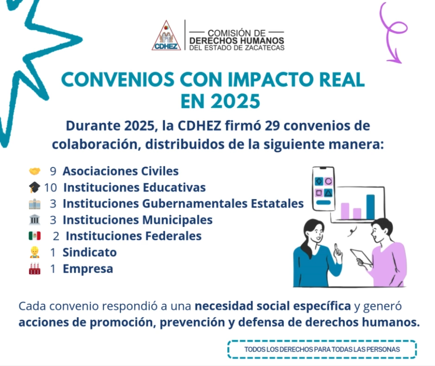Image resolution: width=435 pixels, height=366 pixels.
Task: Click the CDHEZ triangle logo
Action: [x=166, y=35]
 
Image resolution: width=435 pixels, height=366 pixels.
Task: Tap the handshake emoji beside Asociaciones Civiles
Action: [x=34, y=171]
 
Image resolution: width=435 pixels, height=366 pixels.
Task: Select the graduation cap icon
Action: [x=34, y=188]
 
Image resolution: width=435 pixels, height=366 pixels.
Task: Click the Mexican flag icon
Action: [x=34, y=236]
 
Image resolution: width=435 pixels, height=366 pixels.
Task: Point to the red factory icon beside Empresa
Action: [x=34, y=268]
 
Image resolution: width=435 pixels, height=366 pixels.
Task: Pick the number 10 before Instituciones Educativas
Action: [x=51, y=188]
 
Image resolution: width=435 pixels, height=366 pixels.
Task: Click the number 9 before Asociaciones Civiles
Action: [x=53, y=171]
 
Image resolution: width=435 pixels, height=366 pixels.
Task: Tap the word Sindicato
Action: [x=89, y=252]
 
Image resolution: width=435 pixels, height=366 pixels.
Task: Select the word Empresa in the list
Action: [x=88, y=269]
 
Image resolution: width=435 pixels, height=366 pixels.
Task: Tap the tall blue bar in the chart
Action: [x=370, y=207]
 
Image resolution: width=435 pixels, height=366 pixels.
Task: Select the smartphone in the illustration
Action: [x=323, y=189]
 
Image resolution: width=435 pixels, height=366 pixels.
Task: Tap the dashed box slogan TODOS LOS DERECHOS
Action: [x=322, y=349]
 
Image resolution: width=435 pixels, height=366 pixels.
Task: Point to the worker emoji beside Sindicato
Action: [x=34, y=252]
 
